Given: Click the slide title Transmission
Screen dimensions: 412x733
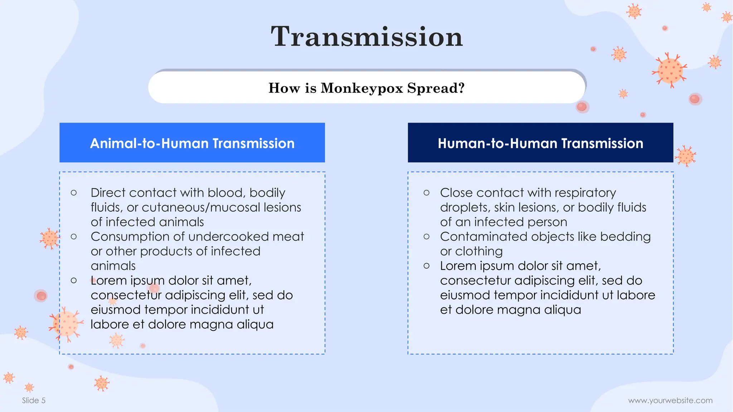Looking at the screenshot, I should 366,36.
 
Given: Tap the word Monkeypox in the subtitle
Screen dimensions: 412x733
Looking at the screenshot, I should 361,88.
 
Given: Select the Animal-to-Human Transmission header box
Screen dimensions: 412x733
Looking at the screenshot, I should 192,143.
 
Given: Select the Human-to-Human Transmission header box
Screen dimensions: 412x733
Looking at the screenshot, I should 540,143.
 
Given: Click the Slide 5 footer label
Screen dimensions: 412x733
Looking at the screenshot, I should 34,400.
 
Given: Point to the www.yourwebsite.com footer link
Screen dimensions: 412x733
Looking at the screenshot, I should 670,400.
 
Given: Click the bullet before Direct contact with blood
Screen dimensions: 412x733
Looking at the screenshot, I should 74,193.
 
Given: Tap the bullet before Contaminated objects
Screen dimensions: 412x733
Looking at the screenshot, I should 426,237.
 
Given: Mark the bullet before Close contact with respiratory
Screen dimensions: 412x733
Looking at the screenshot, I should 426,193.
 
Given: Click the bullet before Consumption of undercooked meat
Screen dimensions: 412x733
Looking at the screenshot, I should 74,237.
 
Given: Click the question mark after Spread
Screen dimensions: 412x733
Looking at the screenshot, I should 461,88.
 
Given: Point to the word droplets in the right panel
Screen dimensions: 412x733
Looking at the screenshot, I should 463,207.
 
